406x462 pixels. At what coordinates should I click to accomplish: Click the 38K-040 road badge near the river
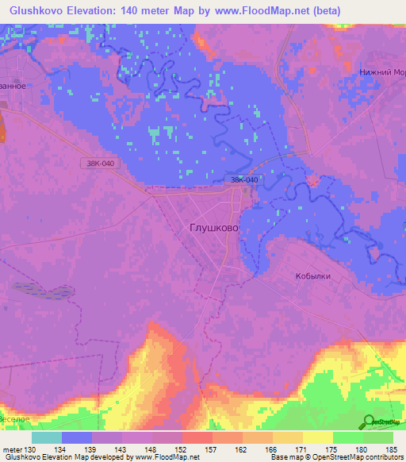tap(244, 180)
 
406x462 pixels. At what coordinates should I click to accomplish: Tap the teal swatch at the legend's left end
tap(47, 437)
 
